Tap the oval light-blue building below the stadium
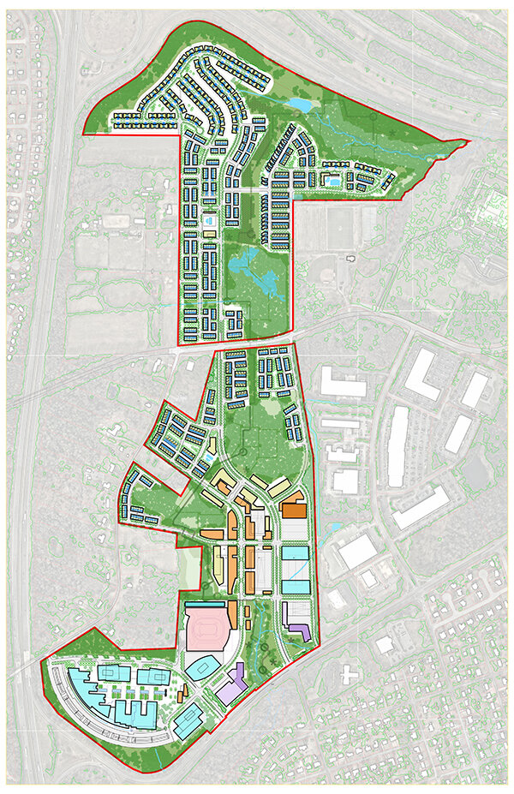(x=203, y=666)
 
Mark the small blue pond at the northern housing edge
(x=299, y=104)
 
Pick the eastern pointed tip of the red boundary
(x=468, y=140)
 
